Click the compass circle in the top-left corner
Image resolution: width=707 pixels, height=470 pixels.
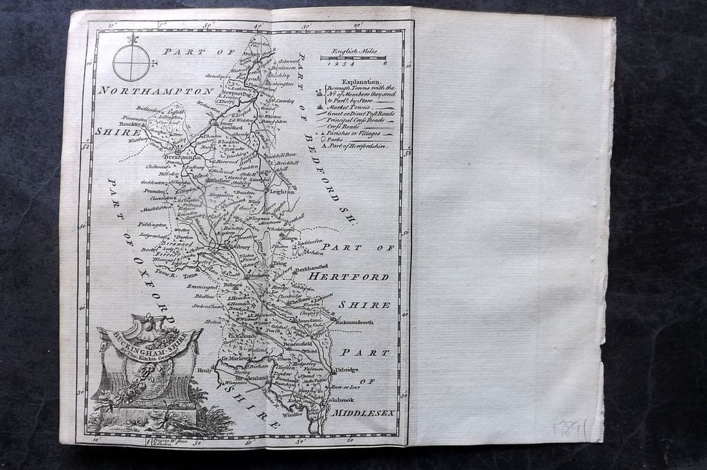coord(131,63)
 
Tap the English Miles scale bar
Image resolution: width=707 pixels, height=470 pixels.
coord(353,58)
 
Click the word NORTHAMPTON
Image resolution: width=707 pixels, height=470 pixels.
coord(155,91)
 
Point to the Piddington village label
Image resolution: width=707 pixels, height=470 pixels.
coord(152,224)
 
